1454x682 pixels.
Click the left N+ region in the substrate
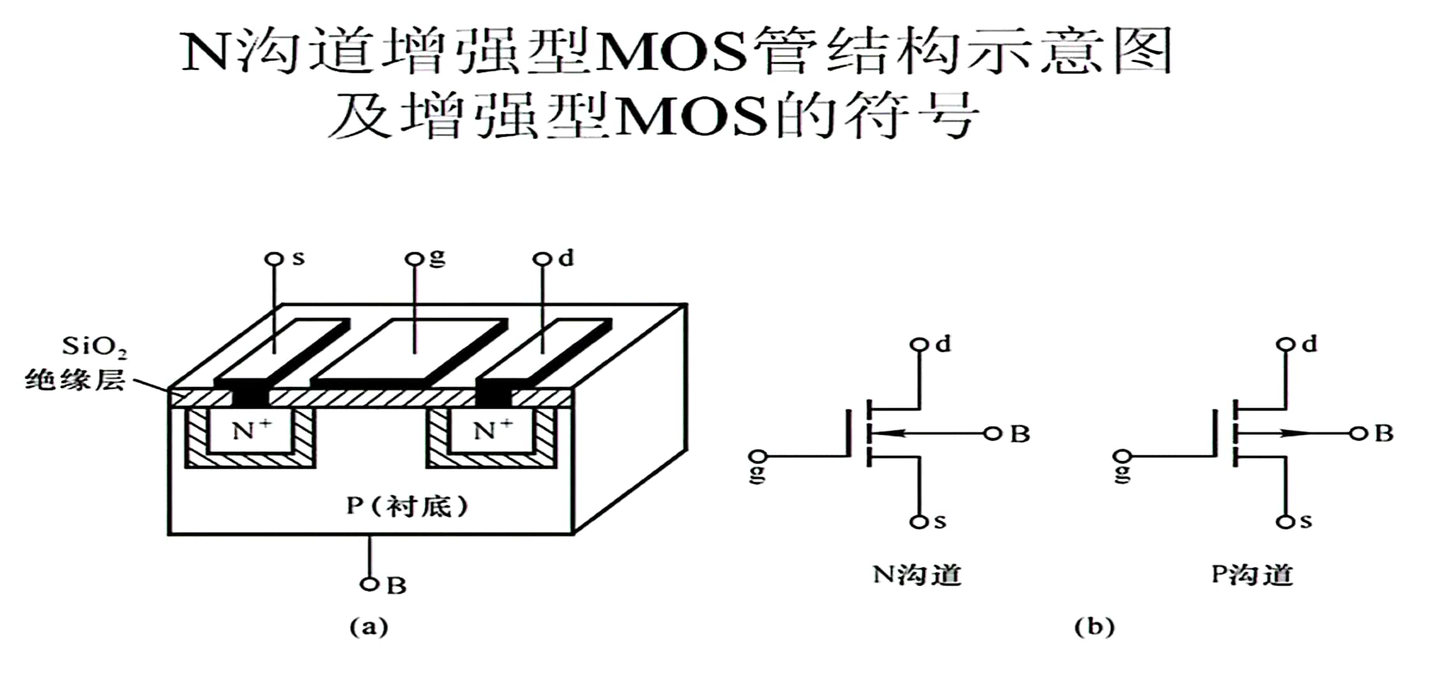[x=250, y=430]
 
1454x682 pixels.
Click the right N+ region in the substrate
[x=492, y=430]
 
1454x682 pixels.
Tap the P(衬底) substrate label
[x=408, y=506]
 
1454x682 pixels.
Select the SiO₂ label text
[x=94, y=347]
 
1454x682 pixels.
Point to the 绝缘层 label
[x=75, y=381]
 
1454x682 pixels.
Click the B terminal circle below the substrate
[x=369, y=584]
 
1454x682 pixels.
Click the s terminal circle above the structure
[x=274, y=259]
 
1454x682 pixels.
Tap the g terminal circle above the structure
[x=415, y=259]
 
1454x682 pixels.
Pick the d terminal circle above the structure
[x=542, y=259]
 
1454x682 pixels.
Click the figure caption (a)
[x=369, y=626]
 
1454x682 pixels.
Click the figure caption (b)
[x=1094, y=626]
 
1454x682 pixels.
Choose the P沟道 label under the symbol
[x=1252, y=575]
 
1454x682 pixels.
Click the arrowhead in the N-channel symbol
[x=888, y=434]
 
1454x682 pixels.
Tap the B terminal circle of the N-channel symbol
[x=992, y=434]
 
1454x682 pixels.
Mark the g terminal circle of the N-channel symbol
[x=758, y=457]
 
